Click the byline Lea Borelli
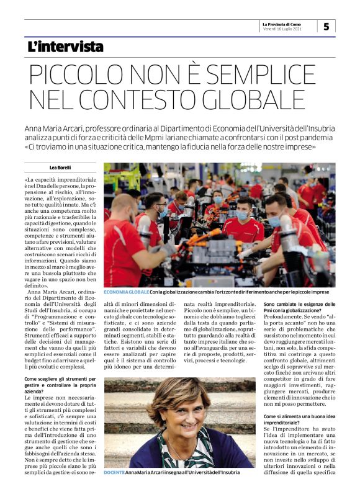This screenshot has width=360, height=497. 60,168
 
